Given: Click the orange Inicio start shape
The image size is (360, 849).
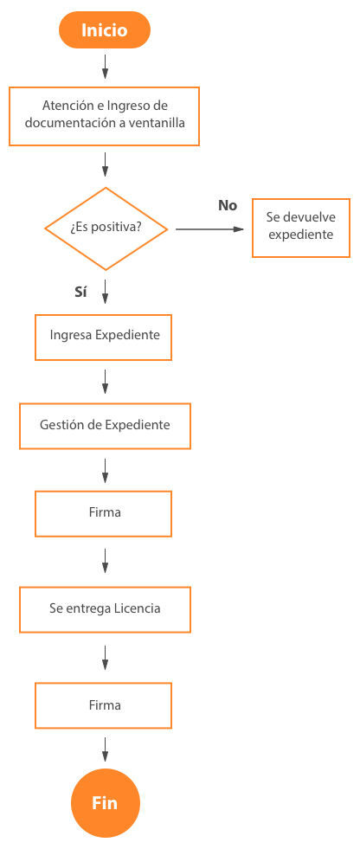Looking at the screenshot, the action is [105, 29].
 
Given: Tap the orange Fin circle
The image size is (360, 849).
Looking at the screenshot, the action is [105, 803].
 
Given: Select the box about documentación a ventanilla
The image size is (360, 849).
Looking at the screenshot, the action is [104, 116].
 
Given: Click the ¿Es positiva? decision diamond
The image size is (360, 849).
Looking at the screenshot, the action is [106, 228].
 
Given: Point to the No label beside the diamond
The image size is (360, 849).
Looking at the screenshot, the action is [228, 206].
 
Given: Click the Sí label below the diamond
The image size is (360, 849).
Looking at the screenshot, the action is [80, 293].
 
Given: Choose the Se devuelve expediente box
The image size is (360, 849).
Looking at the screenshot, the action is [301, 228].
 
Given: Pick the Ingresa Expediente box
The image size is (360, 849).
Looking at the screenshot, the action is [103, 337].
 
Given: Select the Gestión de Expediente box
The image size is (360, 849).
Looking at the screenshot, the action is [105, 426].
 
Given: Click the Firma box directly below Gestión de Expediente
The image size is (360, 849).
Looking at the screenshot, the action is [103, 513].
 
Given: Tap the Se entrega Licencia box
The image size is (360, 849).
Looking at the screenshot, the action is [105, 609].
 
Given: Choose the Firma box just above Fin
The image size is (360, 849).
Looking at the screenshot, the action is [103, 705].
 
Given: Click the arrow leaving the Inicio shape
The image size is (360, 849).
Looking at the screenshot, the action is [105, 66].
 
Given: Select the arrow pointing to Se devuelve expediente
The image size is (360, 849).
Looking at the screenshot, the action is [210, 229].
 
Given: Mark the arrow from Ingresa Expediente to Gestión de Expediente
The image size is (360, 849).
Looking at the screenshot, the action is [105, 382].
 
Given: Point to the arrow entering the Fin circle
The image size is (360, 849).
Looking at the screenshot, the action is [105, 749].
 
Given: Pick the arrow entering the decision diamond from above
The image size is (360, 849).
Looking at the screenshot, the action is [105, 164].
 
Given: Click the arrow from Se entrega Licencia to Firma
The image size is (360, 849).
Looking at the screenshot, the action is [105, 657].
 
